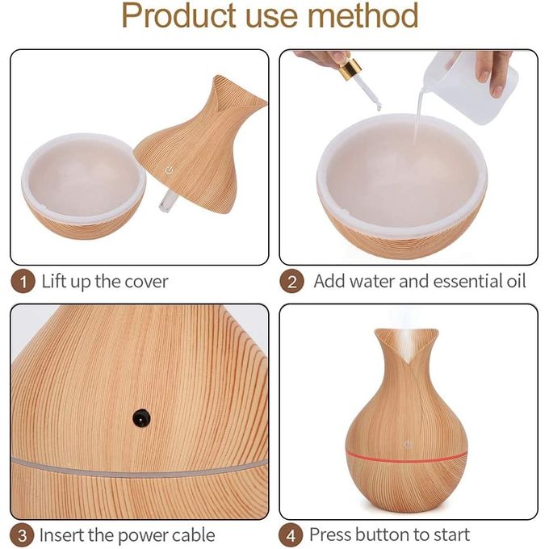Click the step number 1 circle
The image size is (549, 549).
[23, 281]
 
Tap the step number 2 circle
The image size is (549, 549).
[291, 281]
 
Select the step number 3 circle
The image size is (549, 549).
[22, 535]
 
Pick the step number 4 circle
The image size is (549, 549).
[291, 535]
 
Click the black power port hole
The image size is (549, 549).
[141, 417]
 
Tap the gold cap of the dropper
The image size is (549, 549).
[350, 69]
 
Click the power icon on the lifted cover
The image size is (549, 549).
[170, 170]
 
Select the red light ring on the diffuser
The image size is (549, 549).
[407, 456]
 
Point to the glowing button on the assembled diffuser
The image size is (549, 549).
[407, 445]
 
